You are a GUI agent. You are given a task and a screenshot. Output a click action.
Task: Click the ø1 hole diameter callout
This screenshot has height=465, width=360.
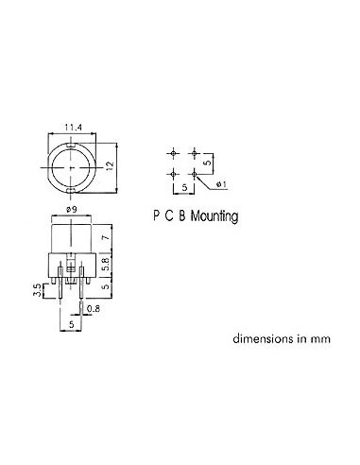coord(220,181)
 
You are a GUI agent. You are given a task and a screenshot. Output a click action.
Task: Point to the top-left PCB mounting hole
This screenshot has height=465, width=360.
coord(175,152)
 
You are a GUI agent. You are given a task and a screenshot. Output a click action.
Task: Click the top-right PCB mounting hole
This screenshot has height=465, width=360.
coord(196,152)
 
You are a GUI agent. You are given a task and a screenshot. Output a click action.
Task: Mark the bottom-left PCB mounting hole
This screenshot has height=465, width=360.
coord(175,174)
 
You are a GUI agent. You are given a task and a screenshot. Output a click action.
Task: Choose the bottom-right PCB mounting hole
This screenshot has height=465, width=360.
coord(196,174)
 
